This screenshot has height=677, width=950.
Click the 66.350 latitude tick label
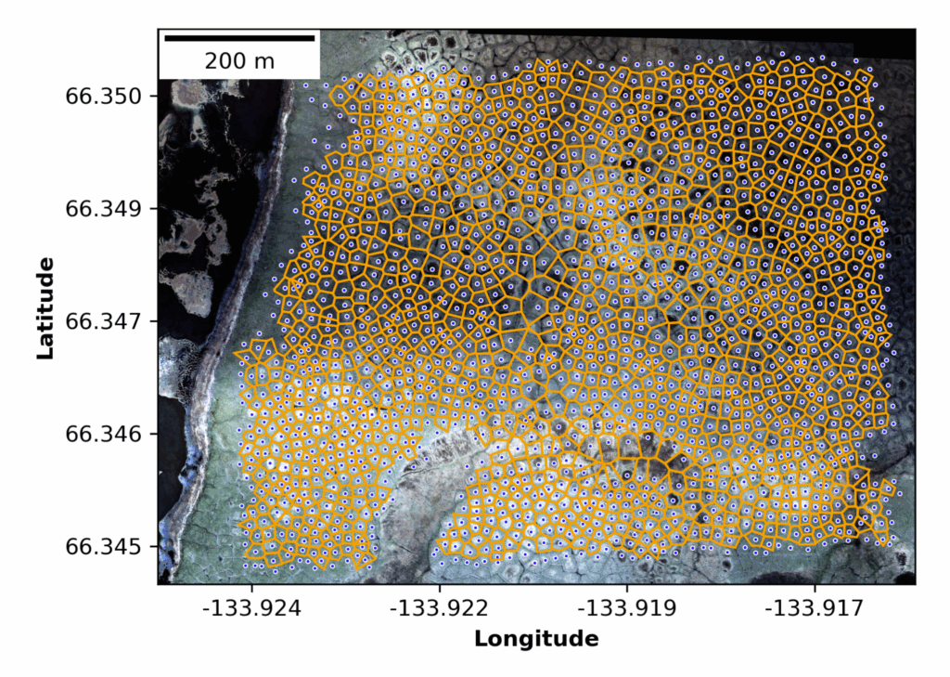pyautogui.click(x=104, y=96)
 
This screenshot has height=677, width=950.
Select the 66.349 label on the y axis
pyautogui.click(x=104, y=208)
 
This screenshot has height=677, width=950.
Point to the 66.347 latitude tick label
pyautogui.click(x=104, y=321)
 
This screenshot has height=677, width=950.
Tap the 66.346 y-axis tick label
pyautogui.click(x=104, y=434)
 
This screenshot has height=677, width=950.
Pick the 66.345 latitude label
pyautogui.click(x=104, y=546)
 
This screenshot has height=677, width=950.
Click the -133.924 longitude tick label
pyautogui.click(x=253, y=609)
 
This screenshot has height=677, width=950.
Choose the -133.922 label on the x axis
pyautogui.click(x=441, y=609)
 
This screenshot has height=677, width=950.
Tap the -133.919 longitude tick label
pyautogui.click(x=627, y=609)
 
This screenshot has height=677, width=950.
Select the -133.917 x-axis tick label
pyautogui.click(x=815, y=609)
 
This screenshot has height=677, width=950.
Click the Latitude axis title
pyautogui.click(x=44, y=308)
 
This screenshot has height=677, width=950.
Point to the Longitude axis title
pyautogui.click(x=536, y=639)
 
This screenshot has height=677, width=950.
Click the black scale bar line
pyautogui.click(x=239, y=38)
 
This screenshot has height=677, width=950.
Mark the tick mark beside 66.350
pyautogui.click(x=155, y=96)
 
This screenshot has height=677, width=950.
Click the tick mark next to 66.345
pyautogui.click(x=155, y=546)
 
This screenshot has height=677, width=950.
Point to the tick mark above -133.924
pyautogui.click(x=253, y=587)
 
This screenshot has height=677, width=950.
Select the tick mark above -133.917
pyautogui.click(x=815, y=587)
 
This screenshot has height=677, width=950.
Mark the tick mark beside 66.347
pyautogui.click(x=155, y=321)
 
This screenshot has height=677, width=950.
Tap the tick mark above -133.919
pyautogui.click(x=627, y=587)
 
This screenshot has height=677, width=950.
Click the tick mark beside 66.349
pyautogui.click(x=155, y=208)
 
